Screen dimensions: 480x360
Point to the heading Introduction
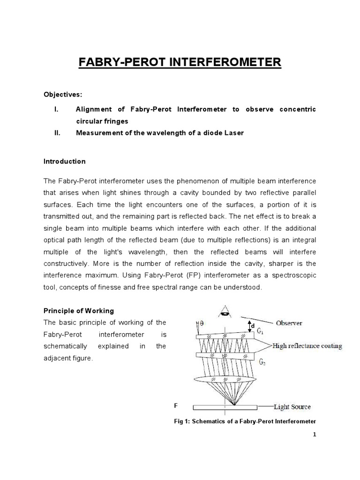65,161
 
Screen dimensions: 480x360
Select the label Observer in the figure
289,323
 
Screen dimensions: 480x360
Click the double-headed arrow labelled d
248,324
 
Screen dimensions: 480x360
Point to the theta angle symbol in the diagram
202,322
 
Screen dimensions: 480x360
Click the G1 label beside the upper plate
260,331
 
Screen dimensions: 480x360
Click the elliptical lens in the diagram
225,378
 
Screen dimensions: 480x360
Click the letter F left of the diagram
176,405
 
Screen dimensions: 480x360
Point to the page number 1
315,435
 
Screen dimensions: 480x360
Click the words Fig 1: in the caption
181,421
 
